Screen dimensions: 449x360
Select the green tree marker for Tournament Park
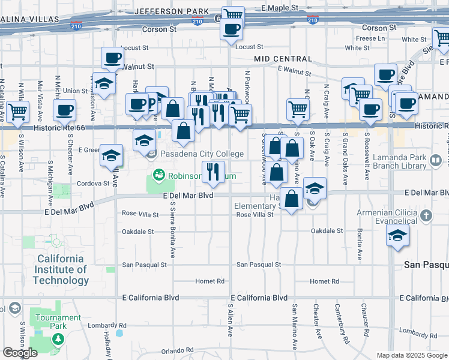58,339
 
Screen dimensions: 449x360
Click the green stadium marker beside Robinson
158,175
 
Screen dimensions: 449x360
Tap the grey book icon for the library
436,161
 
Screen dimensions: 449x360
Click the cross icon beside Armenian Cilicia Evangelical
426,215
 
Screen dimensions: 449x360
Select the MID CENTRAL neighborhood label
283,59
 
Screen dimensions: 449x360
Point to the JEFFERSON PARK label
172,11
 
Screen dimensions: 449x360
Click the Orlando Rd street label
180,352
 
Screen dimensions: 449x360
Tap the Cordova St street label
93,184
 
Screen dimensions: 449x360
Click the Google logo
20,353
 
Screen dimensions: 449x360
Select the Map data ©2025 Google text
411,355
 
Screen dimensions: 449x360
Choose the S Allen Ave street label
231,320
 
